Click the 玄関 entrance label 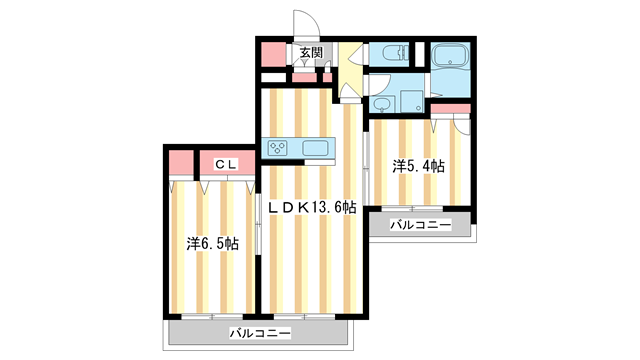tap(310, 53)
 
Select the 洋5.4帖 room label tap(418, 165)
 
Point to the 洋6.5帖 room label tap(212, 243)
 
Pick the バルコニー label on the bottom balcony tap(258, 332)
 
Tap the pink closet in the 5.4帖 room tap(450, 107)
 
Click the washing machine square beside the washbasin tap(409, 100)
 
